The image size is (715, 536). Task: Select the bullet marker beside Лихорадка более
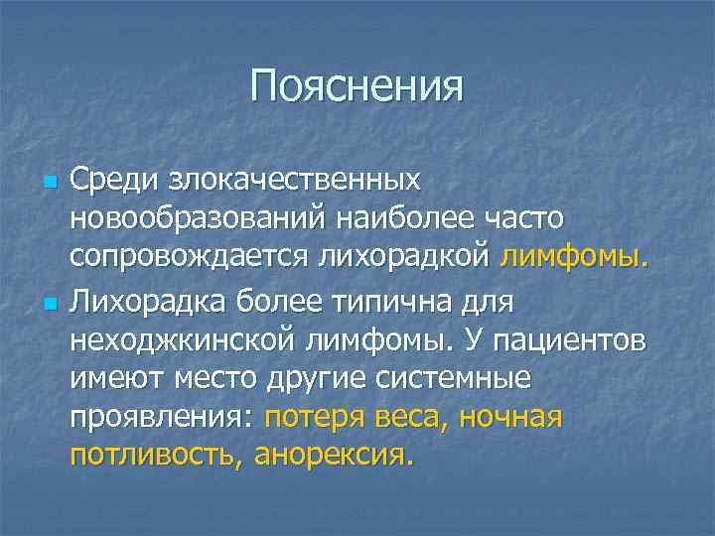point(50,301)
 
